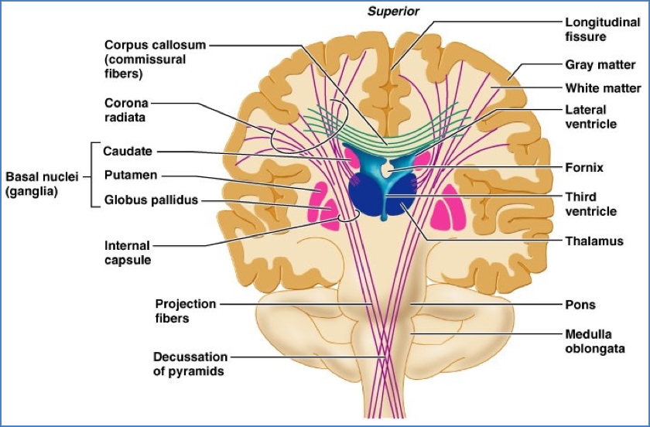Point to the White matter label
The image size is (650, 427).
coord(603,88)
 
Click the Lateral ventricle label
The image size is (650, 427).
coord(591,117)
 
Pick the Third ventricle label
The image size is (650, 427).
coord(591,204)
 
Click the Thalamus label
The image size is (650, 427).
coord(594,241)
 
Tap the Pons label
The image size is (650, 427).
coord(580,305)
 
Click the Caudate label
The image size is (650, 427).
coord(128,152)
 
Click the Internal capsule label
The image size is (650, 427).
coord(127,253)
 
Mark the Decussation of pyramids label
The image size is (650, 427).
coord(190,364)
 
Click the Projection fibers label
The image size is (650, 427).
coord(186,311)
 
